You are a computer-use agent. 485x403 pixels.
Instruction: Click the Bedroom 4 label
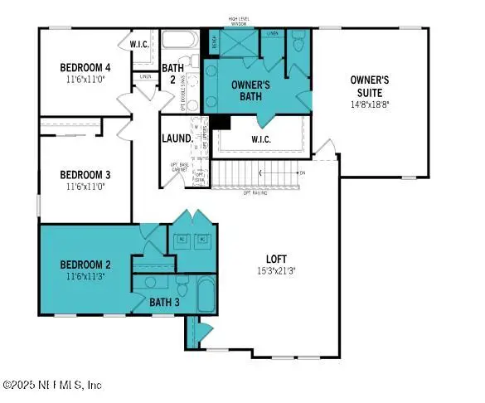(85, 66)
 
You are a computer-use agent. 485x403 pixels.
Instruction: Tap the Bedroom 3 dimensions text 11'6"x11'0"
(85, 187)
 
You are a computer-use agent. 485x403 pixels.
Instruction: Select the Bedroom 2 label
(85, 265)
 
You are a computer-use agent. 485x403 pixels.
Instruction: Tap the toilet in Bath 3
(156, 282)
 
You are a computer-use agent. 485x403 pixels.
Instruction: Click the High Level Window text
(241, 21)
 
